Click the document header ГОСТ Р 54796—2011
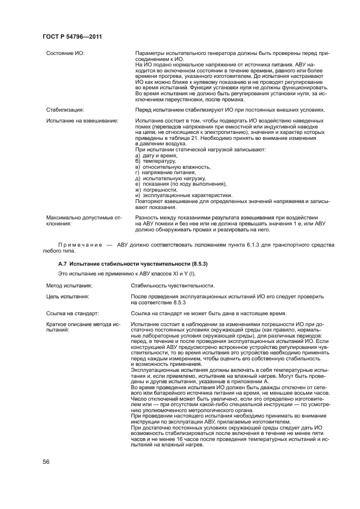tap(72, 36)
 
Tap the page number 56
tap(46, 462)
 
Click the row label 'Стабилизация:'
tap(65, 109)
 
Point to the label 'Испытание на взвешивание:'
tap(82, 120)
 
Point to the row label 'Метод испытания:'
tap(69, 285)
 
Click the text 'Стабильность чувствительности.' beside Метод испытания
tap(173, 285)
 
